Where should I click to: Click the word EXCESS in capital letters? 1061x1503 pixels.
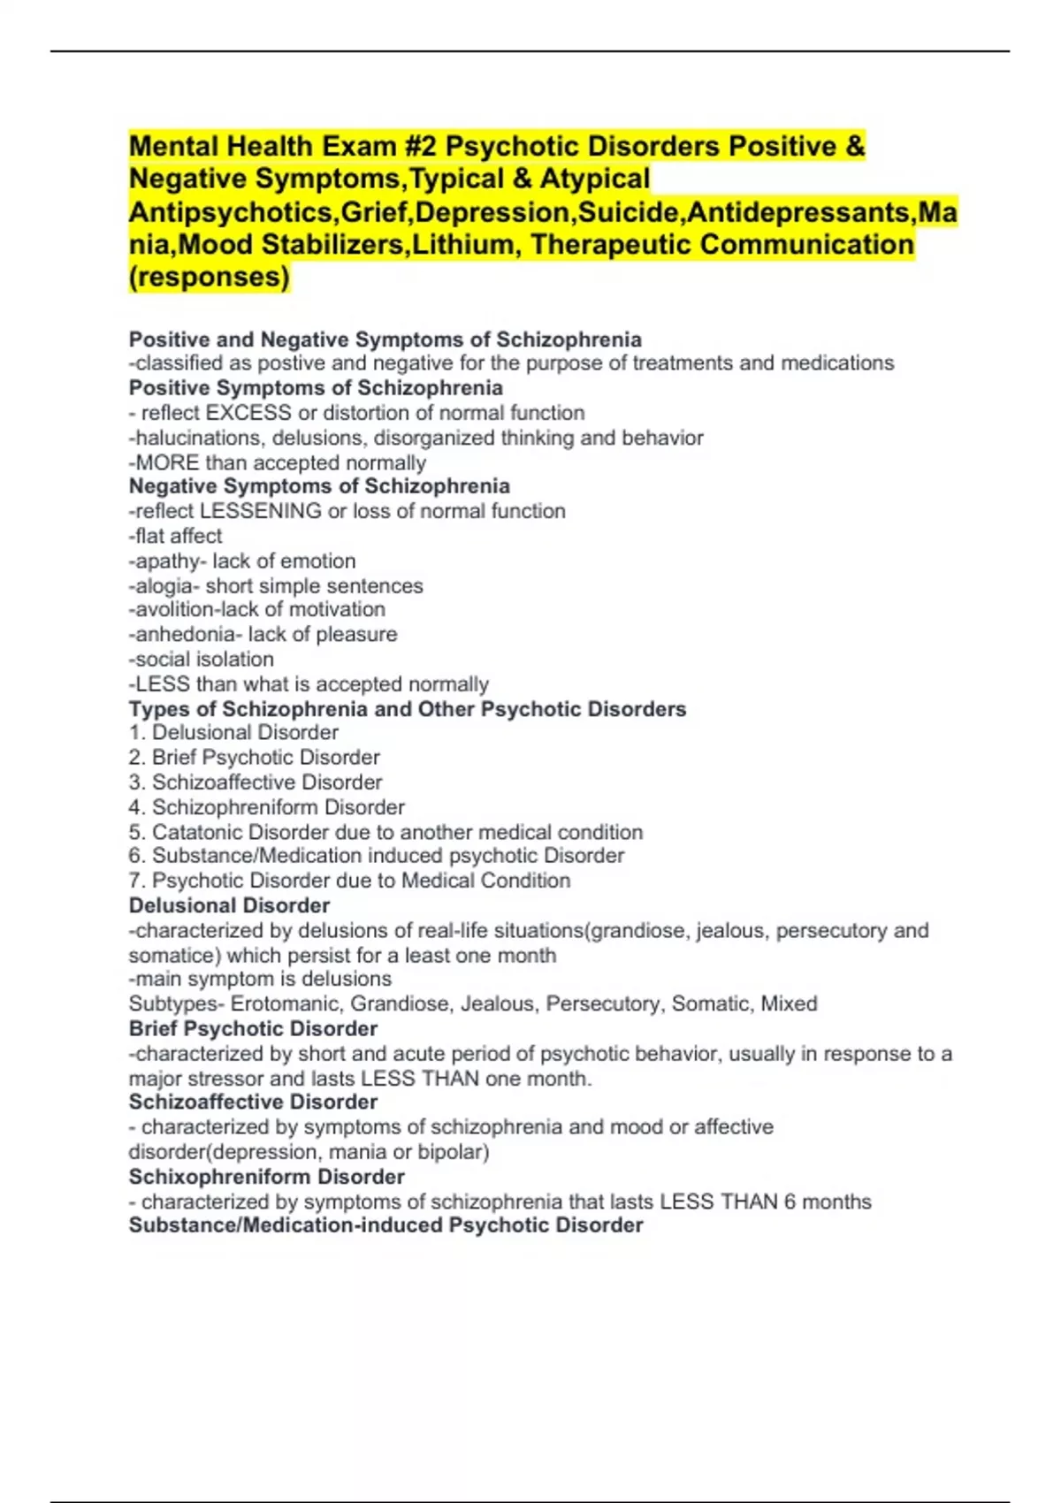248,413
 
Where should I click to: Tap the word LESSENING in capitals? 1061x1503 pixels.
261,511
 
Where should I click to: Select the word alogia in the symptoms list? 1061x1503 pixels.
164,586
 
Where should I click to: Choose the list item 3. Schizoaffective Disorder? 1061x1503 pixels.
256,782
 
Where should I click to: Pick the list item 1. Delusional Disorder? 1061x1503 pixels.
233,733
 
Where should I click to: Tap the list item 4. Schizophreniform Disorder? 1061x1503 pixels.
266,807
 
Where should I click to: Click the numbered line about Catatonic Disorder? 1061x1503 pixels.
385,832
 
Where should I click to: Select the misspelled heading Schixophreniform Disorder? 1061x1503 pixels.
266,1177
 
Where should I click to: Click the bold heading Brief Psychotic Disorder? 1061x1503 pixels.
253,1029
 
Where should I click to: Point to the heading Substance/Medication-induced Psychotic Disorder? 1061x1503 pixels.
385,1225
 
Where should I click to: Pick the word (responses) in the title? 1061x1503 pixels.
210,278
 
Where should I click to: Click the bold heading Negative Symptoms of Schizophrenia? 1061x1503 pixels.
319,486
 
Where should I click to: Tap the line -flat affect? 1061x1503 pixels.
176,536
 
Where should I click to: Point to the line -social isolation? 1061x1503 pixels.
202,660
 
